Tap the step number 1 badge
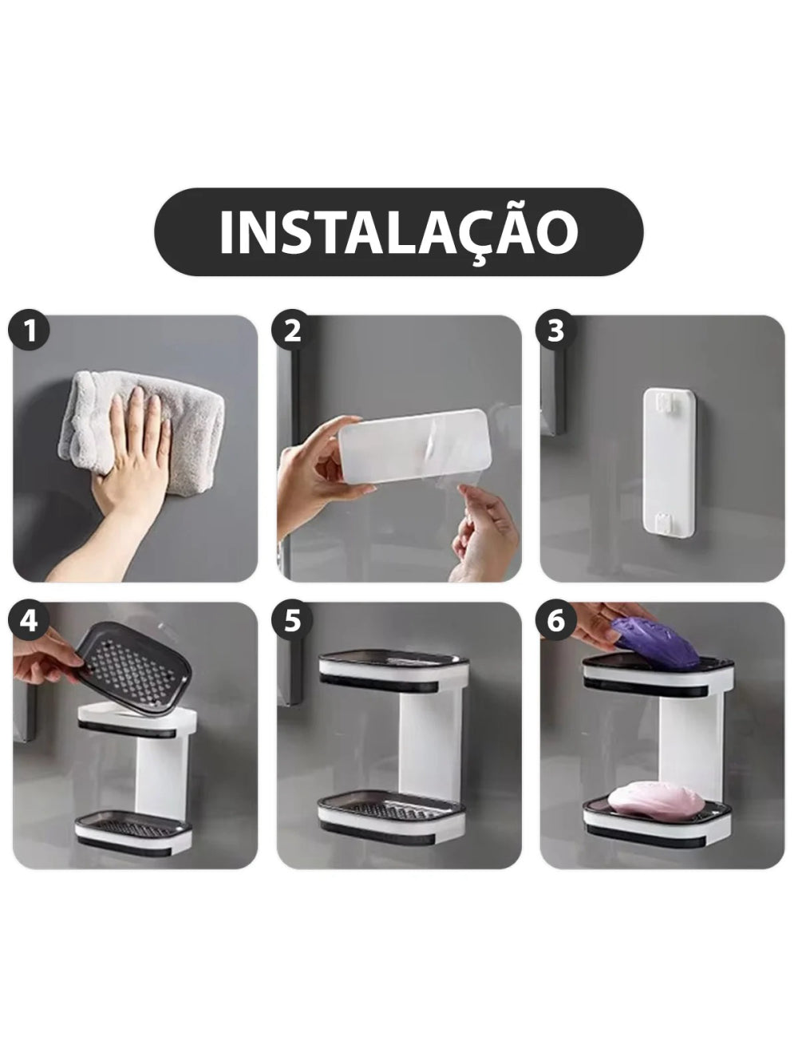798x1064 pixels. point(29,330)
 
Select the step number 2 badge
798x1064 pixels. point(292,330)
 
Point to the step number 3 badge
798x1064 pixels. point(555,330)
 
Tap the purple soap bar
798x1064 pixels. point(654,643)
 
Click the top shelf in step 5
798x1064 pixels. point(393,671)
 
